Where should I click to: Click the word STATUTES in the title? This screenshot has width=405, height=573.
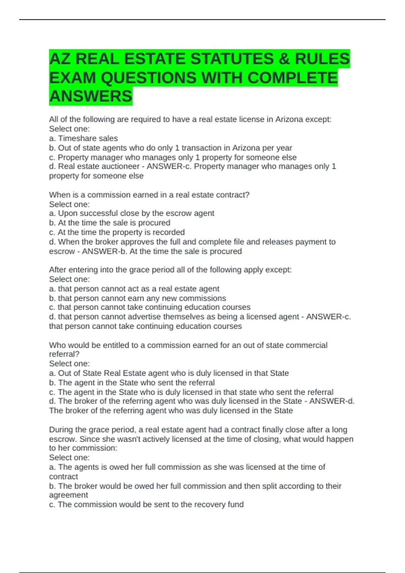[232, 59]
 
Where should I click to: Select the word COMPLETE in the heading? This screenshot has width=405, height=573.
[292, 78]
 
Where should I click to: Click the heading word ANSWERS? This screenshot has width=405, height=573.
[91, 96]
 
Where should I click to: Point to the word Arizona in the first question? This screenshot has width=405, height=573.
[289, 119]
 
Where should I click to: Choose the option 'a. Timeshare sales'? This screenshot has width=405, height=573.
[83, 138]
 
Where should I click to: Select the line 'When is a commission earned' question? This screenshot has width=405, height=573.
[149, 195]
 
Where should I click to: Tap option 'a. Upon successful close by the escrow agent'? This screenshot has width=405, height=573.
[132, 213]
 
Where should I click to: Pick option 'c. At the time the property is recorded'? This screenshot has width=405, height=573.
[117, 232]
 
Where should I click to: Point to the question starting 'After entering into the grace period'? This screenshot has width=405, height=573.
[170, 270]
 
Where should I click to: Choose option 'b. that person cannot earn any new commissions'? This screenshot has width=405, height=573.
[137, 298]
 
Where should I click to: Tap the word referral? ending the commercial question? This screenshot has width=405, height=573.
[64, 354]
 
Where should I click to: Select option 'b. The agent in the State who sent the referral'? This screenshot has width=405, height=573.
[132, 383]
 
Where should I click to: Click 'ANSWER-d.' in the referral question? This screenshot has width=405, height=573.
[332, 401]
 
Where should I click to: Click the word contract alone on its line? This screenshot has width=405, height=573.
[63, 477]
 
